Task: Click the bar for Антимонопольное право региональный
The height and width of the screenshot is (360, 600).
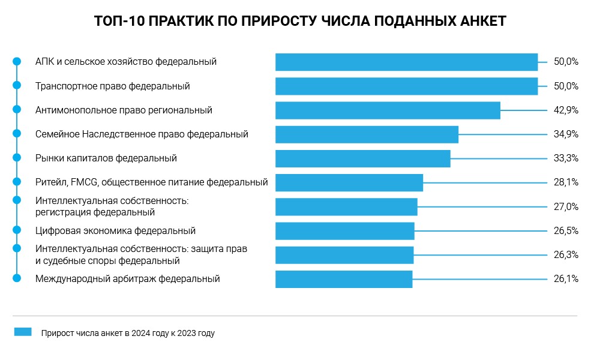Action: [x=388, y=110]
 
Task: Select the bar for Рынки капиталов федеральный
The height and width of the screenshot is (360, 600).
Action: [x=362, y=158]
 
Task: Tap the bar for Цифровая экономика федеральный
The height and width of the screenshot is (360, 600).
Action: [x=344, y=231]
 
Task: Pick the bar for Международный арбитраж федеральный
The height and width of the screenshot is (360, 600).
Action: [x=344, y=279]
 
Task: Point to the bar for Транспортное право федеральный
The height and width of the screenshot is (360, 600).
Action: [x=406, y=86]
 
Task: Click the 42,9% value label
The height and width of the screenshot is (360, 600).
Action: [x=566, y=110]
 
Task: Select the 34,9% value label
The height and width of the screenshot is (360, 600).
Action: [x=566, y=134]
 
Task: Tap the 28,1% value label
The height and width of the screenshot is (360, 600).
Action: [x=566, y=182]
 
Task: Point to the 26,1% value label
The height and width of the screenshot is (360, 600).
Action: [x=566, y=279]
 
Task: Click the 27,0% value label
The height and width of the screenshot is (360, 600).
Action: [x=566, y=207]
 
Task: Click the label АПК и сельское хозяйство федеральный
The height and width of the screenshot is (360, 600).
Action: [x=126, y=62]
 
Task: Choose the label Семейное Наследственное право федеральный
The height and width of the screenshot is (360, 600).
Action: [x=142, y=134]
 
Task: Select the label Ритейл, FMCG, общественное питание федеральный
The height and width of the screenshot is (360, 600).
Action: [x=151, y=182]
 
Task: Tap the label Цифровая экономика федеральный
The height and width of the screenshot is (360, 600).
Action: [x=115, y=231]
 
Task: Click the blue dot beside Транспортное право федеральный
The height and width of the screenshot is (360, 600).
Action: [x=17, y=85]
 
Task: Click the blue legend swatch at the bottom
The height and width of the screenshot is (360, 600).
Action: [x=23, y=332]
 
